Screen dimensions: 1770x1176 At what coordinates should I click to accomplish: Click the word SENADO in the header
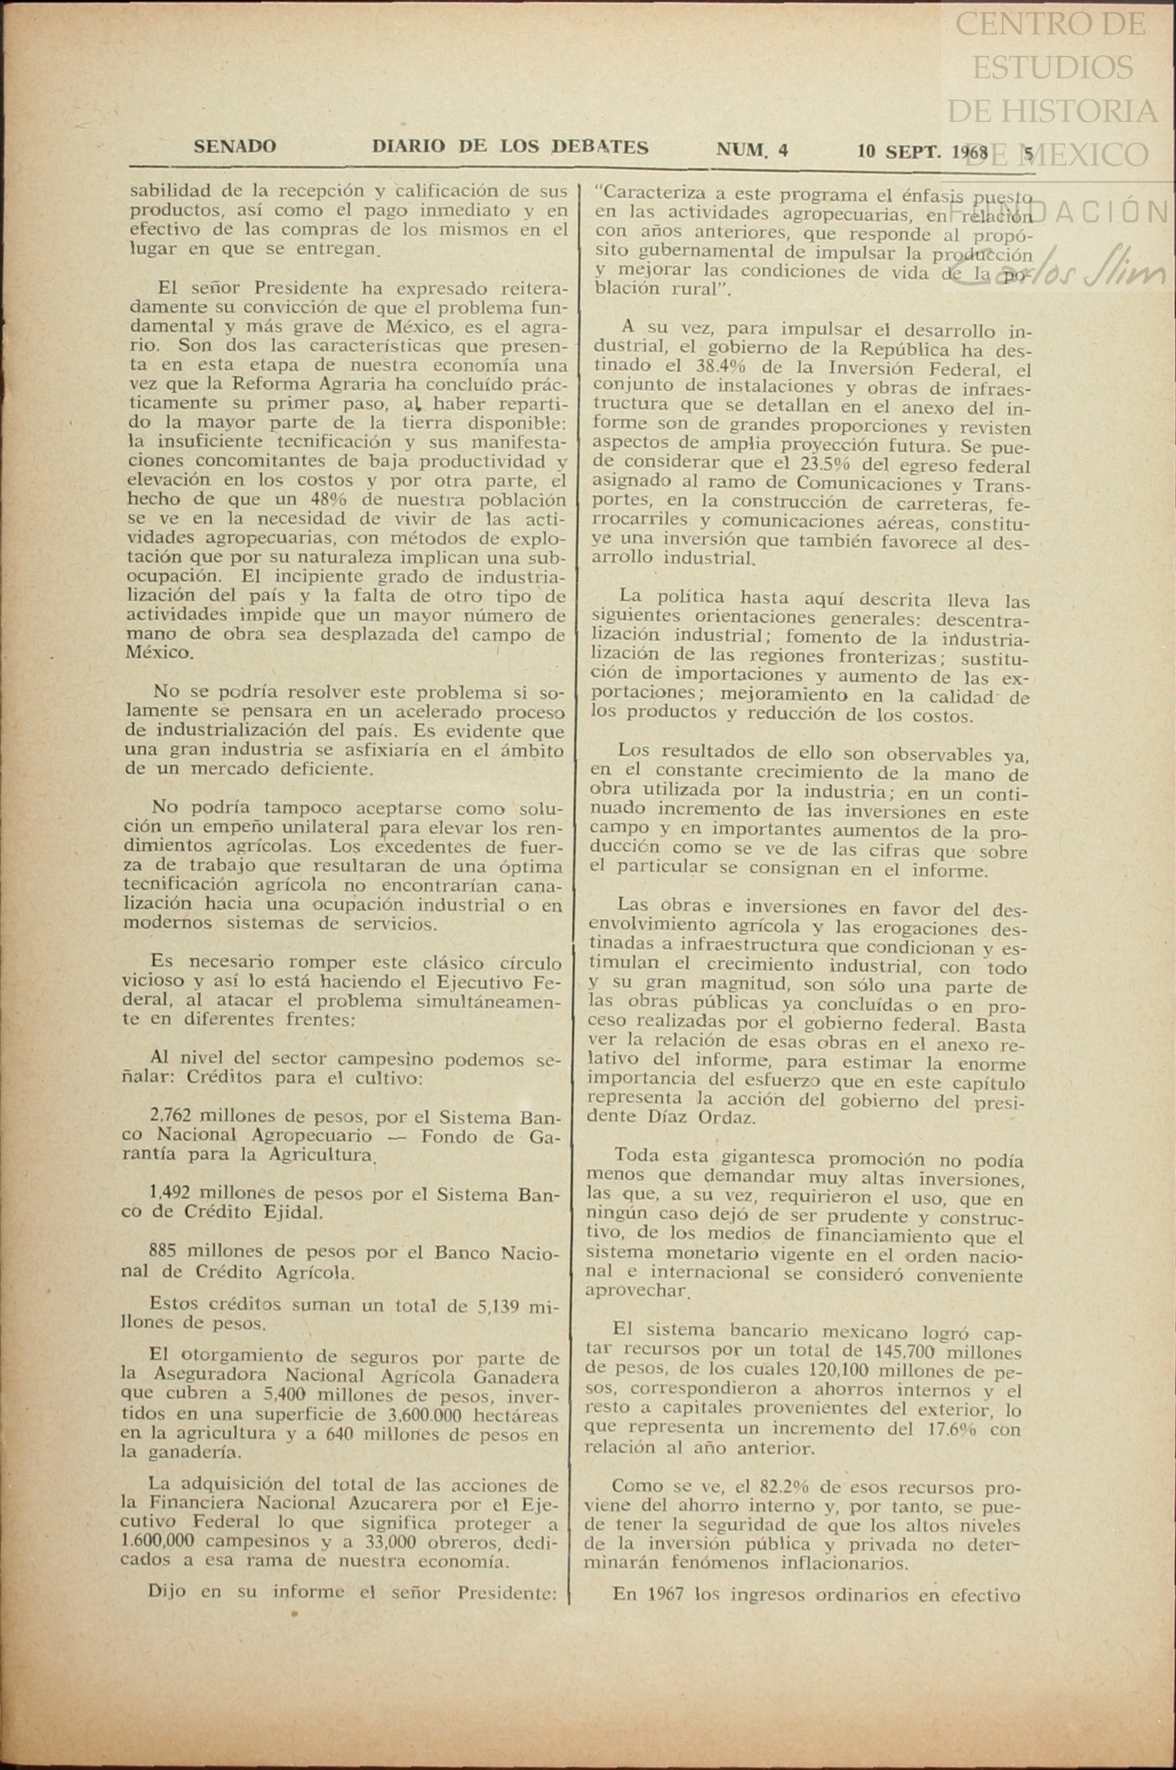click(235, 147)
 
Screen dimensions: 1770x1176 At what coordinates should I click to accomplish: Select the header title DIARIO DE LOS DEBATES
click(510, 147)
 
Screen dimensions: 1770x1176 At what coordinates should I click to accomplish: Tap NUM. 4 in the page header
click(752, 150)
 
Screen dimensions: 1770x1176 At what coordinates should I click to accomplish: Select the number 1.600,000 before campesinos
click(160, 1541)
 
